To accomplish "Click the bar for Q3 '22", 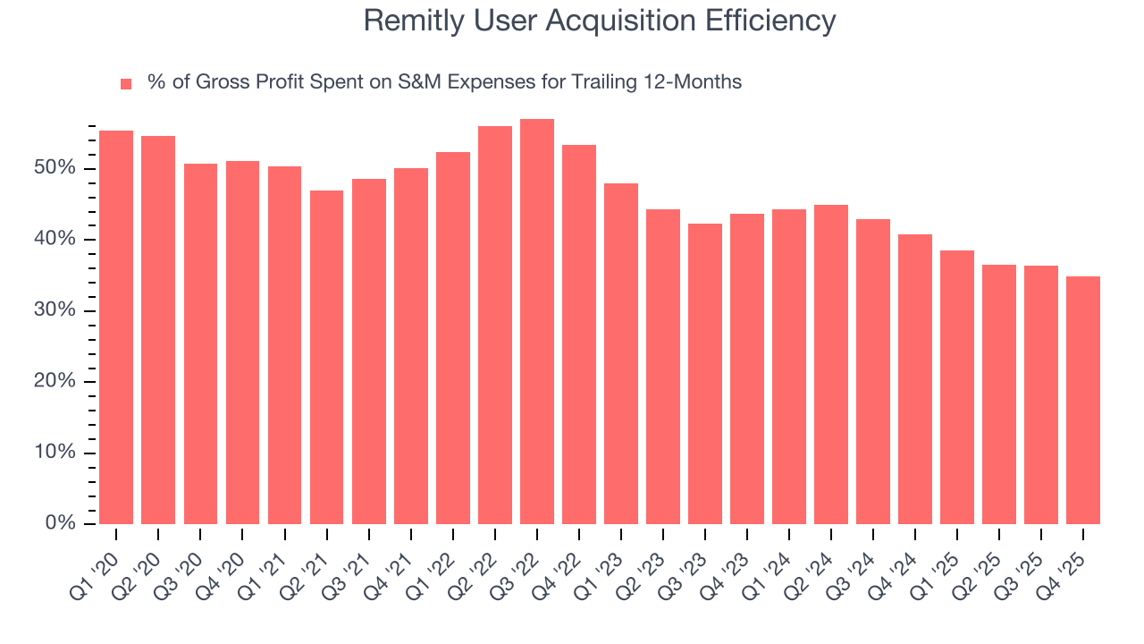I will click(x=537, y=322).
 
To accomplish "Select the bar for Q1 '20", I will click(x=116, y=327).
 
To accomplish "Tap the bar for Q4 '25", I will click(x=1083, y=400).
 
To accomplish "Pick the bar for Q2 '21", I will click(x=326, y=357).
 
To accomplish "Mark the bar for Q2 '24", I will click(x=831, y=364).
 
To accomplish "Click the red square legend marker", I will click(x=126, y=84).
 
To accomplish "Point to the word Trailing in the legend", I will click(x=605, y=82).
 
